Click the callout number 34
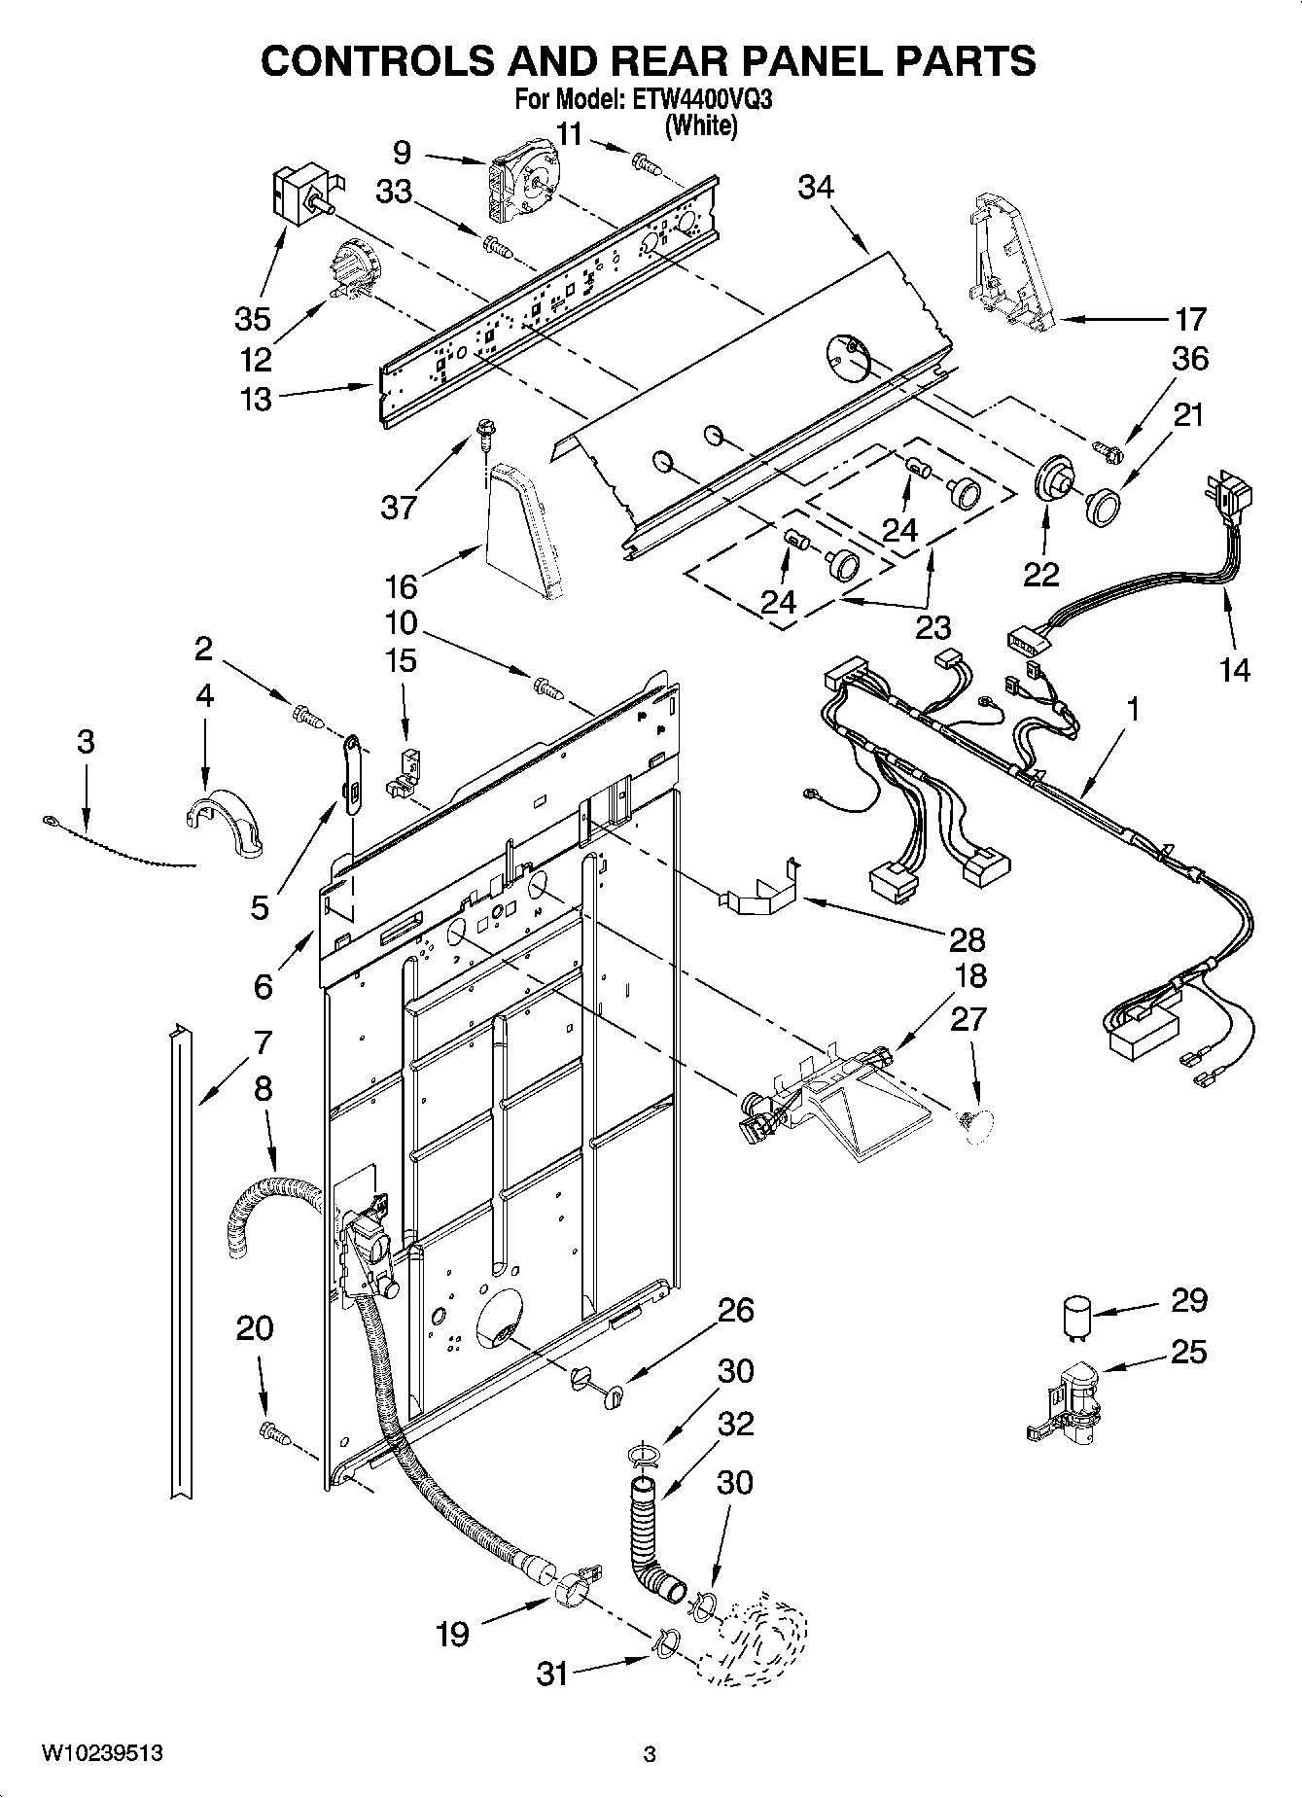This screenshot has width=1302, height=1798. (x=816, y=187)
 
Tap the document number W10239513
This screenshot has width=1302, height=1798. (x=101, y=1753)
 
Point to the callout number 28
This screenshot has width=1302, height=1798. (x=968, y=939)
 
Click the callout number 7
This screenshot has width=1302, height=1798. (x=262, y=1042)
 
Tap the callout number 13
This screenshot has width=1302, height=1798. (x=256, y=399)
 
